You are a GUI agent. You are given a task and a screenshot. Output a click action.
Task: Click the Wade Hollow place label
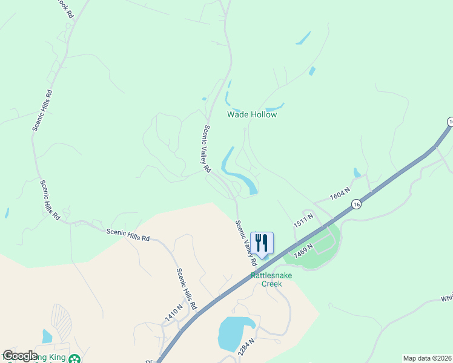251,114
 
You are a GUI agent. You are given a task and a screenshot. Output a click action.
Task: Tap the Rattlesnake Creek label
271,280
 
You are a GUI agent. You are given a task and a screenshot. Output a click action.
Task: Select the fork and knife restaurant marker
262,243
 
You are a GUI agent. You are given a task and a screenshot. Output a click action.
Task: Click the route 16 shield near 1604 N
357,204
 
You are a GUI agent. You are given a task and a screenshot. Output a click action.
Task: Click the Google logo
20,356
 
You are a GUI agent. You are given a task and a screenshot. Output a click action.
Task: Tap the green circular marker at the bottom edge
74,359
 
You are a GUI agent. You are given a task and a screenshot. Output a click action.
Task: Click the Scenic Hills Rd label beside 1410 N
187,290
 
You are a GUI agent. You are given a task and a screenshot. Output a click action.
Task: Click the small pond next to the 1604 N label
357,174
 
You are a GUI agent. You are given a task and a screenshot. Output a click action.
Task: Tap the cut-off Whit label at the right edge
446,298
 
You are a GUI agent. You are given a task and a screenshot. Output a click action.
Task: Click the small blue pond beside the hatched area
47,336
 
